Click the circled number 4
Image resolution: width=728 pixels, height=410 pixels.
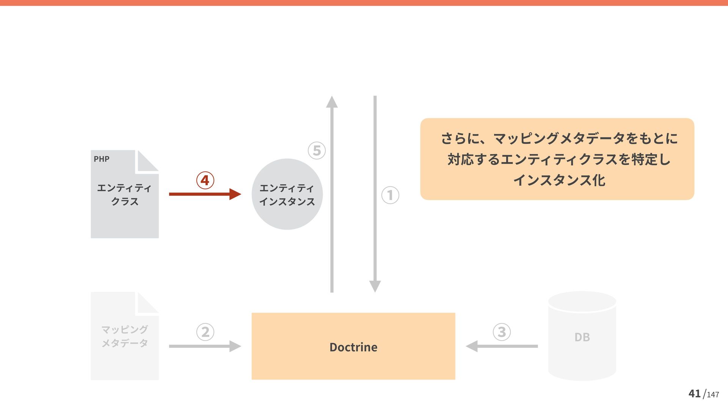click(x=205, y=180)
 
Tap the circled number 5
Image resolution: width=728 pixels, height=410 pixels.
click(x=317, y=150)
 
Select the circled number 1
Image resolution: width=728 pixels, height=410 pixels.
click(x=390, y=195)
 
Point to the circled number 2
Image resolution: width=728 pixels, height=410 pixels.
click(x=205, y=332)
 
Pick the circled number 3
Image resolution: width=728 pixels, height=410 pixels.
click(x=502, y=332)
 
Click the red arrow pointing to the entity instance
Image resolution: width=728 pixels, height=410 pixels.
click(x=205, y=194)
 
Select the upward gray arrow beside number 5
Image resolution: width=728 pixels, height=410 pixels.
click(x=332, y=194)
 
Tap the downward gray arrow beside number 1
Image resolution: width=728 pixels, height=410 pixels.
click(x=375, y=194)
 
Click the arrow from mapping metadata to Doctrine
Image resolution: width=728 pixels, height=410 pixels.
click(x=205, y=346)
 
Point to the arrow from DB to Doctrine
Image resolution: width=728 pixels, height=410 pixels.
click(x=502, y=346)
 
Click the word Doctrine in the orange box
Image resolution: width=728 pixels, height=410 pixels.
click(x=353, y=347)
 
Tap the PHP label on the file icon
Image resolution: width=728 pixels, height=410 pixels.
click(x=102, y=159)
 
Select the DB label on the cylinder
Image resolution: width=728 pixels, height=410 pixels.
click(x=582, y=337)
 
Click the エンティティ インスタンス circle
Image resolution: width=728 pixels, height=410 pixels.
click(x=287, y=194)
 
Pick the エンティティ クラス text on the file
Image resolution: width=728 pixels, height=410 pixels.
click(x=124, y=194)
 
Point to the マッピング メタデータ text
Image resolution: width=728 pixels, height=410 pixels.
click(x=124, y=336)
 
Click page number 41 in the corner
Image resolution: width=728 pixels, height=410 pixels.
click(x=694, y=394)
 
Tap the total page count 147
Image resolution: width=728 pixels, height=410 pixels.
click(x=713, y=395)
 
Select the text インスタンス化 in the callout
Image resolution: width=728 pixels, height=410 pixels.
click(x=559, y=180)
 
